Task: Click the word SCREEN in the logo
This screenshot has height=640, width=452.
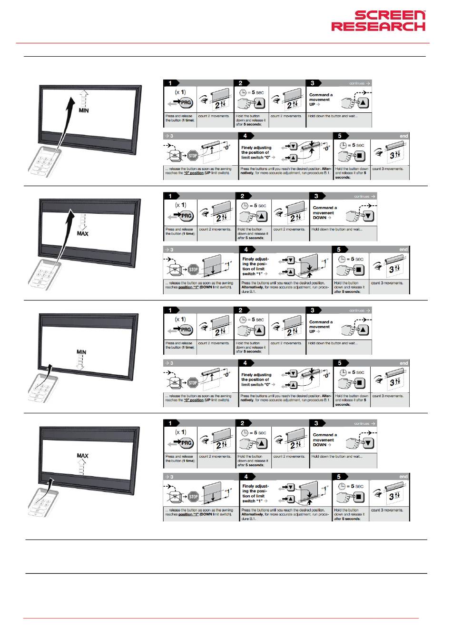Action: [x=390, y=15]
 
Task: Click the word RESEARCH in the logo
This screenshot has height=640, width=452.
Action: [x=378, y=26]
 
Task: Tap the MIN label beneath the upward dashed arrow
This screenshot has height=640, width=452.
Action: [x=84, y=110]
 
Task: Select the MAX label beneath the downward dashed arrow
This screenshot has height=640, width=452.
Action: [x=83, y=234]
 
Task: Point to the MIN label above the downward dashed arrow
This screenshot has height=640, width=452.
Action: [x=81, y=352]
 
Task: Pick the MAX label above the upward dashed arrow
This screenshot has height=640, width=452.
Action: [x=83, y=456]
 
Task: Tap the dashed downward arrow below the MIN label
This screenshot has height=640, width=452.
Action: [x=81, y=363]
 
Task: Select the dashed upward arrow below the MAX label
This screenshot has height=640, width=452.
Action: [x=83, y=467]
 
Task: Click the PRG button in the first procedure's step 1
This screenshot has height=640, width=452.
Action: [x=186, y=102]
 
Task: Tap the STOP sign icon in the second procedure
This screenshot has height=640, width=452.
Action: [x=193, y=269]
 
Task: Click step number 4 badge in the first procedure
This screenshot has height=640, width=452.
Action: [x=246, y=136]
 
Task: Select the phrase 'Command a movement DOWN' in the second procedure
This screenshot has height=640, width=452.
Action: [x=324, y=212]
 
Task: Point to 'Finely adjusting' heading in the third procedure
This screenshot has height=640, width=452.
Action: [x=256, y=375]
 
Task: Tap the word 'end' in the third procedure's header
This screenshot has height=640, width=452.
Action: [x=404, y=363]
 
